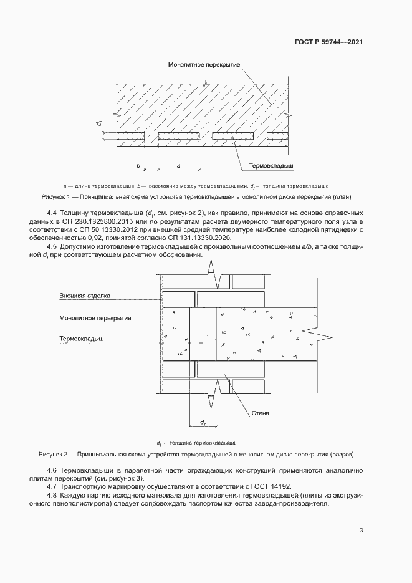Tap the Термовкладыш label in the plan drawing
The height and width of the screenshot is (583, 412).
[x=271, y=166]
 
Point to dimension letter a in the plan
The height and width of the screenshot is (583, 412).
[x=179, y=165]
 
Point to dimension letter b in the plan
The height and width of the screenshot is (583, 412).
[x=138, y=165]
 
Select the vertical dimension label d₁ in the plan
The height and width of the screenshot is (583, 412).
[x=99, y=124]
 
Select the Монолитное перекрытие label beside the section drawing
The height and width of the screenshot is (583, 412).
[x=95, y=318]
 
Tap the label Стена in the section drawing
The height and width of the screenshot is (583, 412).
[x=260, y=412]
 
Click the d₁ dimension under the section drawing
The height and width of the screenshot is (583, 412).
[x=203, y=423]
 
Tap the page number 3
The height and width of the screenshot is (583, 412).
[x=361, y=531]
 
